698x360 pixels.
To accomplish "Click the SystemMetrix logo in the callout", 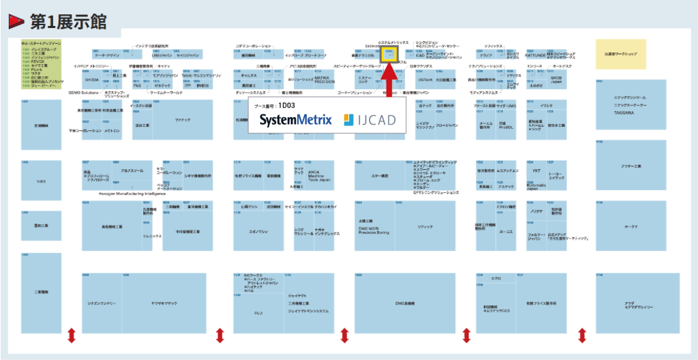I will coord(295,121).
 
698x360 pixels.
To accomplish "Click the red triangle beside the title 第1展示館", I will coord(16,22).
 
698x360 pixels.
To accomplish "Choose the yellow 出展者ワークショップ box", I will coord(621,54).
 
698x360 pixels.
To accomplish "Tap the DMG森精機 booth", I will coord(405,303).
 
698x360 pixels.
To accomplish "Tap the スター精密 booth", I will coord(380,177).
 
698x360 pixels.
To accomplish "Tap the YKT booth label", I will coord(536,170).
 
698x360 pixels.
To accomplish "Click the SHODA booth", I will coord(92,79).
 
